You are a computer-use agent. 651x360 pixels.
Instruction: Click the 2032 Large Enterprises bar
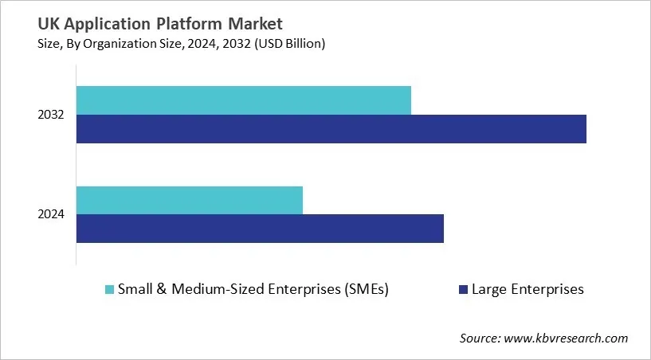coord(331,129)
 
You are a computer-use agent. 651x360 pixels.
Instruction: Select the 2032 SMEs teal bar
coord(243,100)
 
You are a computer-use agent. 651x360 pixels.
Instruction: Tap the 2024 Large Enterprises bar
coord(260,229)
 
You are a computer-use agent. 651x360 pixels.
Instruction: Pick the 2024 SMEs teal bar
coord(190,200)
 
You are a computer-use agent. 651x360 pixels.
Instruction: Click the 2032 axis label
coord(51,115)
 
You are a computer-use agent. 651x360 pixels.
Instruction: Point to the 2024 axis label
coord(51,214)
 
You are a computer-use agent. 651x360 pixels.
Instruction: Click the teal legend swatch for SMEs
coord(110,290)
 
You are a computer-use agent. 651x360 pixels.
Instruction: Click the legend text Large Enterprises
coord(527,290)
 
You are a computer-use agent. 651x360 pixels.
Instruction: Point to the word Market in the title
coord(255,25)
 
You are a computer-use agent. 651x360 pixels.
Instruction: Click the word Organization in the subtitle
coord(112,45)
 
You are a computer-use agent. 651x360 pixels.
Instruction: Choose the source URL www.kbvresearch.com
coord(566,338)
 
